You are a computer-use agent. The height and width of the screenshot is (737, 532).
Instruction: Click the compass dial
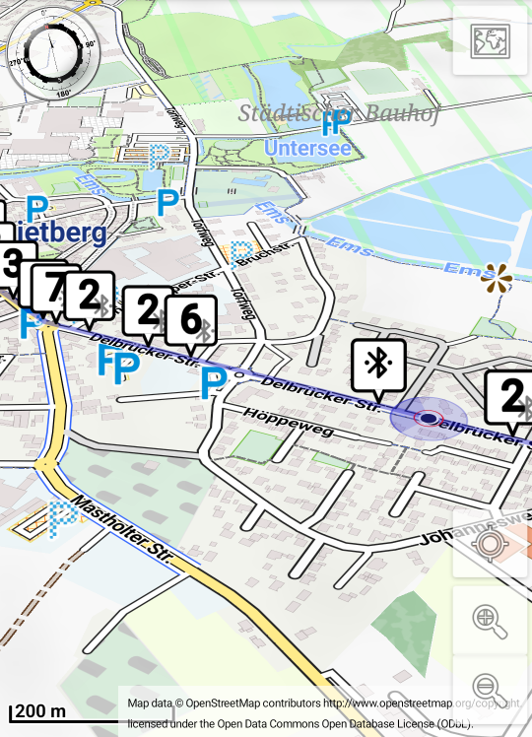53,49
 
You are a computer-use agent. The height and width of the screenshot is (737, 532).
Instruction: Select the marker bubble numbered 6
191,321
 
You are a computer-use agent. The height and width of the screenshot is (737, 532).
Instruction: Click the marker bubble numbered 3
13,264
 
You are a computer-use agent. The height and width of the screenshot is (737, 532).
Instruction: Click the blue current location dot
429,418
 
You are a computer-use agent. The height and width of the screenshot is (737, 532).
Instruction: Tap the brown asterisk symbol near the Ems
497,278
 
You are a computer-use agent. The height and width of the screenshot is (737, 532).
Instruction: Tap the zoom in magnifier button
490,620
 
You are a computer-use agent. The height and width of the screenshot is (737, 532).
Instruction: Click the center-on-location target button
490,543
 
